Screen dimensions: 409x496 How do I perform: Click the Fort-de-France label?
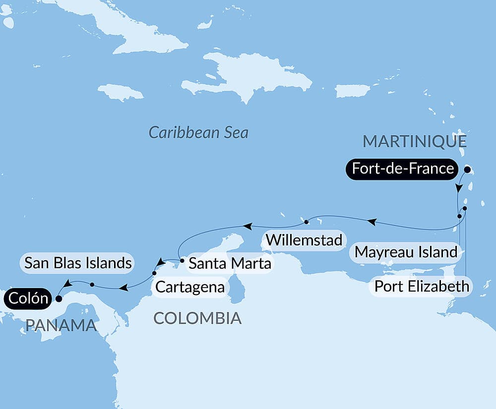click(403, 169)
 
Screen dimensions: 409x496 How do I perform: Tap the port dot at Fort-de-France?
click(467, 169)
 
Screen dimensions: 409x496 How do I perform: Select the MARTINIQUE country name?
click(415, 141)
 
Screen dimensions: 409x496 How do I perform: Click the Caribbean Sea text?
click(198, 132)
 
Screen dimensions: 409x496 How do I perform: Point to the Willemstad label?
click(304, 240)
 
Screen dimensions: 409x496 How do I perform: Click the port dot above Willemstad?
click(307, 222)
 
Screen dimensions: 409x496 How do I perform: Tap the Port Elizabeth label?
click(422, 286)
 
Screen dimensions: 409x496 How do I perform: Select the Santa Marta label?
click(230, 263)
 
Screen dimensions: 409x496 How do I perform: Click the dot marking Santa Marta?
click(182, 260)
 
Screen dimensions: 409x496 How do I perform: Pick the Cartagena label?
click(190, 287)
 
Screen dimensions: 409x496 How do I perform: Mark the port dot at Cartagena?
click(154, 273)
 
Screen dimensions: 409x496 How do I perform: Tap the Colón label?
click(27, 298)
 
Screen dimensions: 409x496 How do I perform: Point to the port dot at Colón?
click(59, 299)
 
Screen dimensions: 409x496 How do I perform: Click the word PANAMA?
click(61, 325)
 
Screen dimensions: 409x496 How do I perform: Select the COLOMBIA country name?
click(197, 318)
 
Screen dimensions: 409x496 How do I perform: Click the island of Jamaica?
click(121, 92)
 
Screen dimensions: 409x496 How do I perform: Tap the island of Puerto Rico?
click(353, 91)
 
